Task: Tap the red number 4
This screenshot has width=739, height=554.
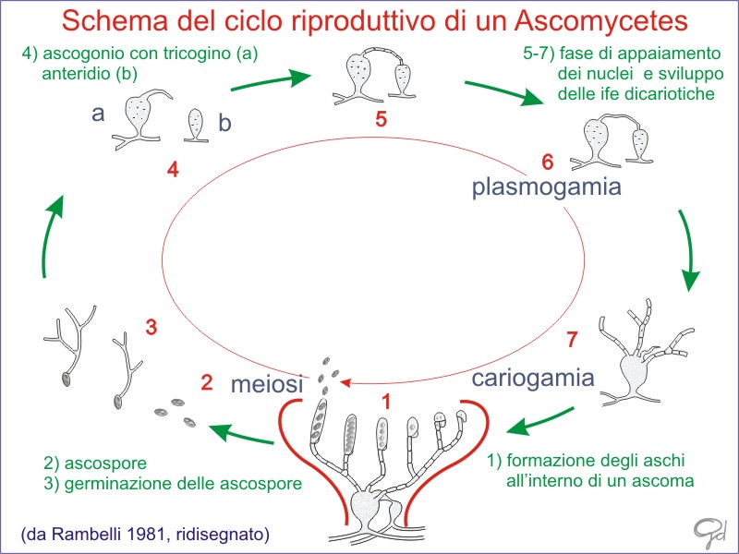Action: tap(173, 170)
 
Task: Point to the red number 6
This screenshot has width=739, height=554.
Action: tap(547, 163)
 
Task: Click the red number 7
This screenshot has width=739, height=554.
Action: tap(572, 340)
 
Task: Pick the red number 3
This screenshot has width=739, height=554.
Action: tap(151, 326)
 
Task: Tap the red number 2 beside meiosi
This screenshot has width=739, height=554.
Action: tap(208, 381)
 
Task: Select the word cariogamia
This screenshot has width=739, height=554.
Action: tap(532, 378)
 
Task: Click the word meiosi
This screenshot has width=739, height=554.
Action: tap(268, 383)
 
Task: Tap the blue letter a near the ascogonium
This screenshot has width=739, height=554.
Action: tap(98, 114)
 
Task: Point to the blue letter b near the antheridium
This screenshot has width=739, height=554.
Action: tap(224, 121)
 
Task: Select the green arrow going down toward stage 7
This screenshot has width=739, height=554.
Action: tap(688, 249)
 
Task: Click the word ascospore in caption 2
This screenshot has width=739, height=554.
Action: tap(103, 462)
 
